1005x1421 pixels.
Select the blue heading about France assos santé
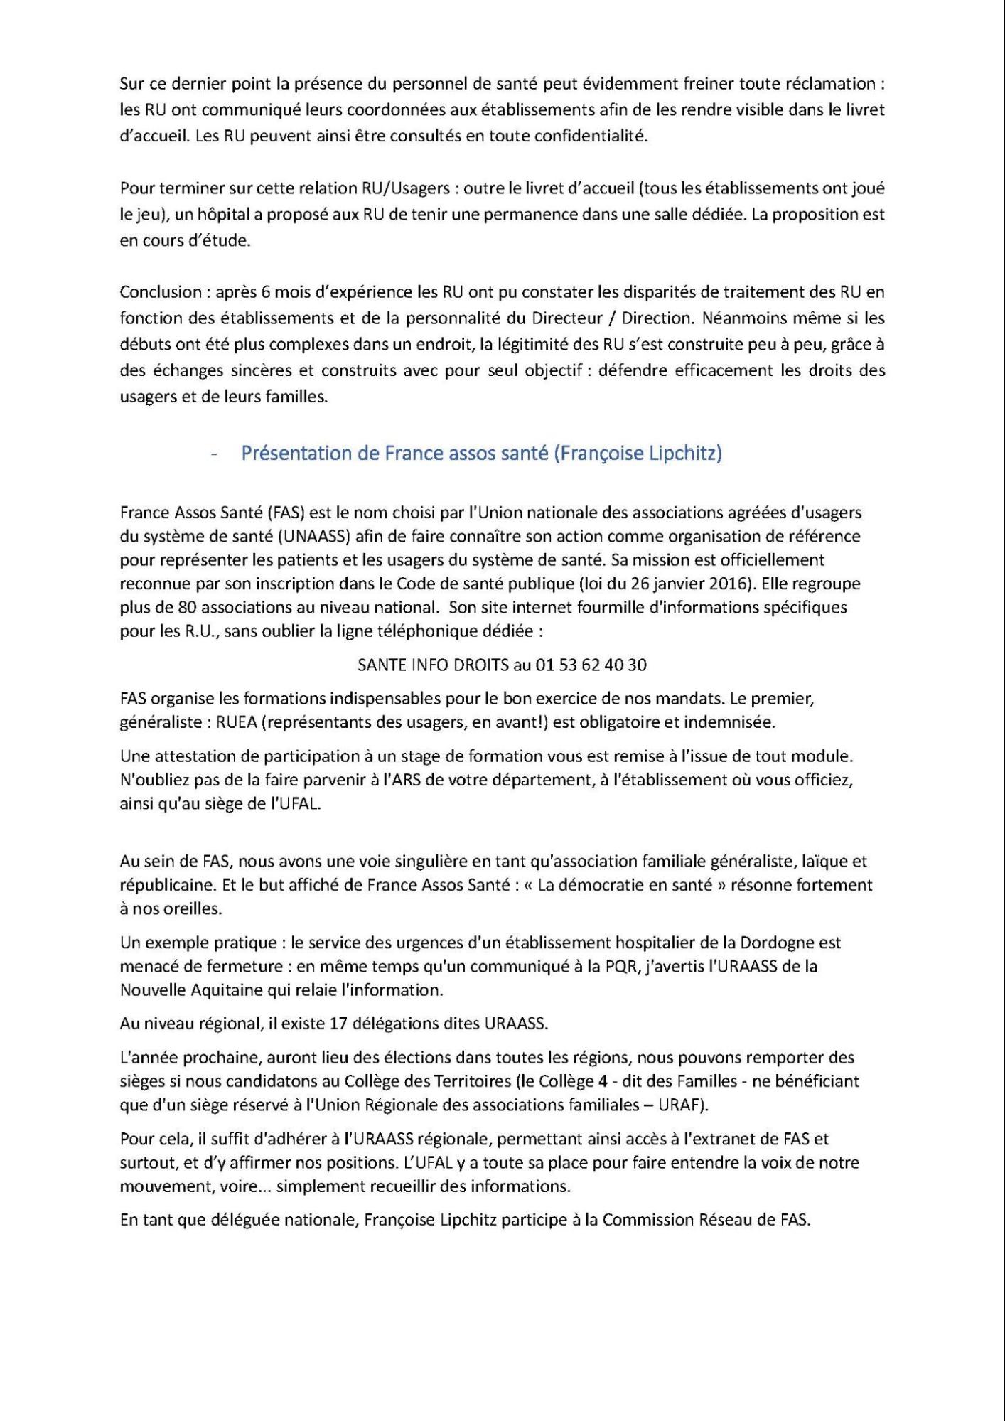point(481,454)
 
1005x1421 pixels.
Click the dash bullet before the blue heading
point(213,454)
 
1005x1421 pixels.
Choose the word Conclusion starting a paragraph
point(161,292)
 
